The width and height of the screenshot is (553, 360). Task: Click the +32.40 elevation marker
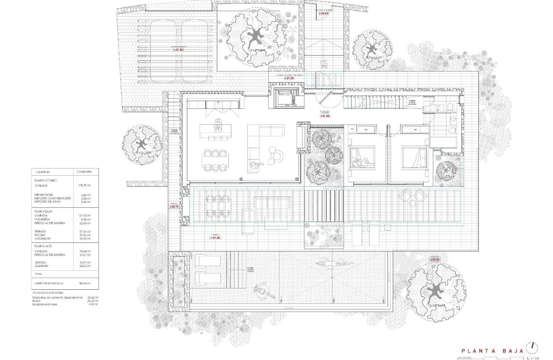[x=324, y=14]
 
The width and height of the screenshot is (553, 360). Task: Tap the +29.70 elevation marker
[x=174, y=207]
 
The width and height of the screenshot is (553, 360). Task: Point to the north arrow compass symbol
[x=533, y=346]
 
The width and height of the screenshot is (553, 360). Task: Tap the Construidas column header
[x=84, y=171]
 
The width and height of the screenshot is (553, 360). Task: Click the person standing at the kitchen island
[x=219, y=124]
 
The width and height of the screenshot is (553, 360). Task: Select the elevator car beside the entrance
[x=283, y=96]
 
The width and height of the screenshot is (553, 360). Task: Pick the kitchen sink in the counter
[x=219, y=104]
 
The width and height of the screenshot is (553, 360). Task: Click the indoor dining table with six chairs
[x=216, y=160]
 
